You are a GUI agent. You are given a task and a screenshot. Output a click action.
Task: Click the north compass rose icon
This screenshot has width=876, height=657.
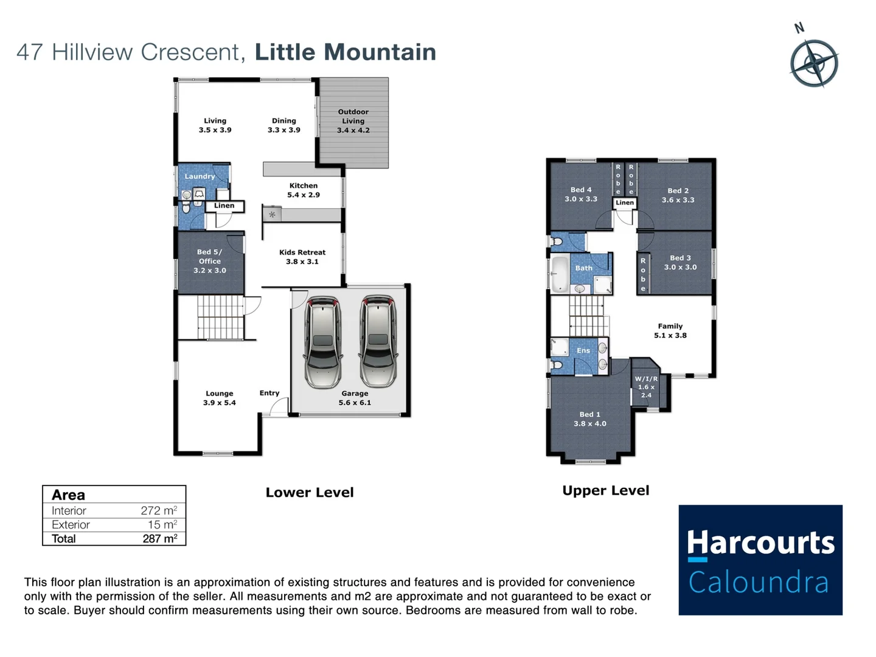tap(814, 63)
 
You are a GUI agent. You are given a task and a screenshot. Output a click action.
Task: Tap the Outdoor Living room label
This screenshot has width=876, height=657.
tap(353, 121)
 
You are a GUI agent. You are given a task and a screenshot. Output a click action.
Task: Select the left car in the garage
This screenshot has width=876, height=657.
tap(322, 342)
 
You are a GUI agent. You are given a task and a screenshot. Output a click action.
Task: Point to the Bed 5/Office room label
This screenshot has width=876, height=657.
tap(210, 261)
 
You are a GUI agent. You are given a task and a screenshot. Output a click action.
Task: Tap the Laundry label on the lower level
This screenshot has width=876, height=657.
tap(200, 176)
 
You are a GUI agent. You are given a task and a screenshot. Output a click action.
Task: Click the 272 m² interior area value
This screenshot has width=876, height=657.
tap(159, 511)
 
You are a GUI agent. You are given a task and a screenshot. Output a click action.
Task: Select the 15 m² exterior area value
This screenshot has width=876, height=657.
tap(162, 525)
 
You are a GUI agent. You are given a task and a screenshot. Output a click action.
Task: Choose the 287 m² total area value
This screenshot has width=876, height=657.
tap(160, 539)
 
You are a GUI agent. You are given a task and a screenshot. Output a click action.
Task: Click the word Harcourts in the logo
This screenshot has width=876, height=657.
tap(760, 543)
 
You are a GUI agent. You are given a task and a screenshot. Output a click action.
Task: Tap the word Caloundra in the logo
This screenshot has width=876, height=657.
tap(759, 583)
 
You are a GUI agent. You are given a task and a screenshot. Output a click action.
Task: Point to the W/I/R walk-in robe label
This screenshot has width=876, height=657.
tap(646, 379)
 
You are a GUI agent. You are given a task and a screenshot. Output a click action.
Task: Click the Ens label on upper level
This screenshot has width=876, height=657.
tap(583, 350)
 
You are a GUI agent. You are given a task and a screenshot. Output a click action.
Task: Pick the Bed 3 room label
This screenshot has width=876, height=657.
tap(680, 258)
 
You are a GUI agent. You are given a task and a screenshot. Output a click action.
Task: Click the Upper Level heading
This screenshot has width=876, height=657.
tap(605, 491)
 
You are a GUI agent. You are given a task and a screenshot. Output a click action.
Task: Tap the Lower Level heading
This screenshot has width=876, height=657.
tap(309, 493)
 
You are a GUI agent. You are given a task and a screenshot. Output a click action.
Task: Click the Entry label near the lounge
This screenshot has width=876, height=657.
tap(269, 393)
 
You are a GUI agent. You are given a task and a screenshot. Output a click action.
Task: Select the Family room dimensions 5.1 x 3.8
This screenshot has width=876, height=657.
tap(670, 335)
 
